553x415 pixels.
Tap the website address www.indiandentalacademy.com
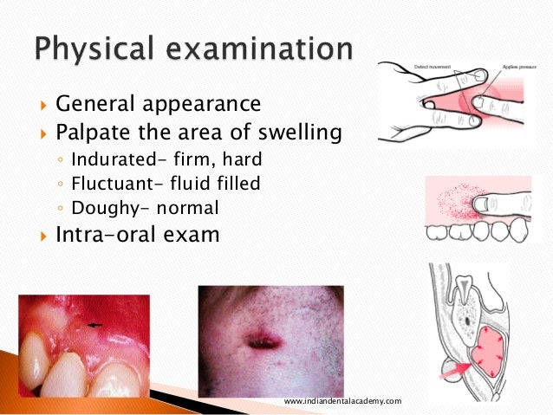pyautogui.click(x=343, y=401)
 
